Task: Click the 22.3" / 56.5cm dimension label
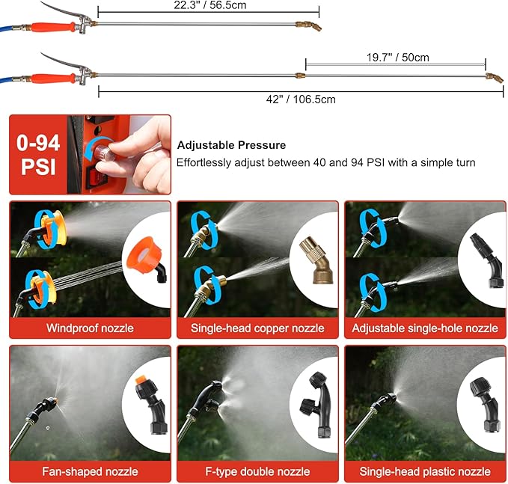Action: pyautogui.click(x=210, y=5)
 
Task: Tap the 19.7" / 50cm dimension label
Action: pyautogui.click(x=397, y=58)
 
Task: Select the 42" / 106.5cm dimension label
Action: pyautogui.click(x=301, y=99)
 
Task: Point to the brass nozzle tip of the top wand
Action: pyautogui.click(x=309, y=26)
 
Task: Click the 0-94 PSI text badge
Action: pyautogui.click(x=38, y=155)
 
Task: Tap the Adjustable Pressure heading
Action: pyautogui.click(x=231, y=145)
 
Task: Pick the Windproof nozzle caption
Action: pyautogui.click(x=90, y=328)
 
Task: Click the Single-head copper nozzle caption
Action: pyautogui.click(x=257, y=328)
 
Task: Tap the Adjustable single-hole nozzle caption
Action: pyautogui.click(x=425, y=328)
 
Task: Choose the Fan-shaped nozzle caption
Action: pyautogui.click(x=90, y=472)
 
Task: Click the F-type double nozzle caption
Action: pyautogui.click(x=257, y=472)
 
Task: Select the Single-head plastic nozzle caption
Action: pyautogui.click(x=425, y=472)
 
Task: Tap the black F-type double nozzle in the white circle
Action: pyautogui.click(x=316, y=405)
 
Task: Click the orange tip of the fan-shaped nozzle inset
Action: pyautogui.click(x=141, y=379)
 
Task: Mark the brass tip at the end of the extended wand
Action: pyautogui.click(x=495, y=78)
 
